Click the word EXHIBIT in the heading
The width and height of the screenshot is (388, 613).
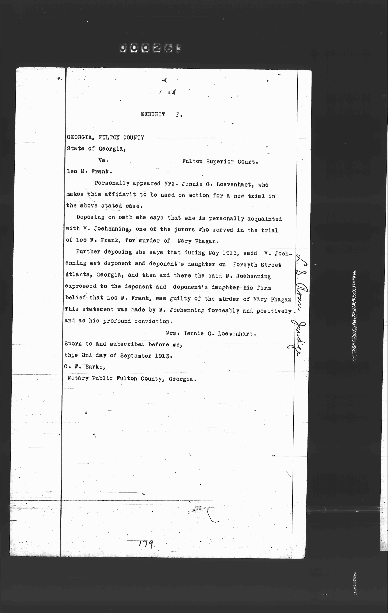click(153, 114)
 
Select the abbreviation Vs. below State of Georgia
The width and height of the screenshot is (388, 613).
click(103, 160)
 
